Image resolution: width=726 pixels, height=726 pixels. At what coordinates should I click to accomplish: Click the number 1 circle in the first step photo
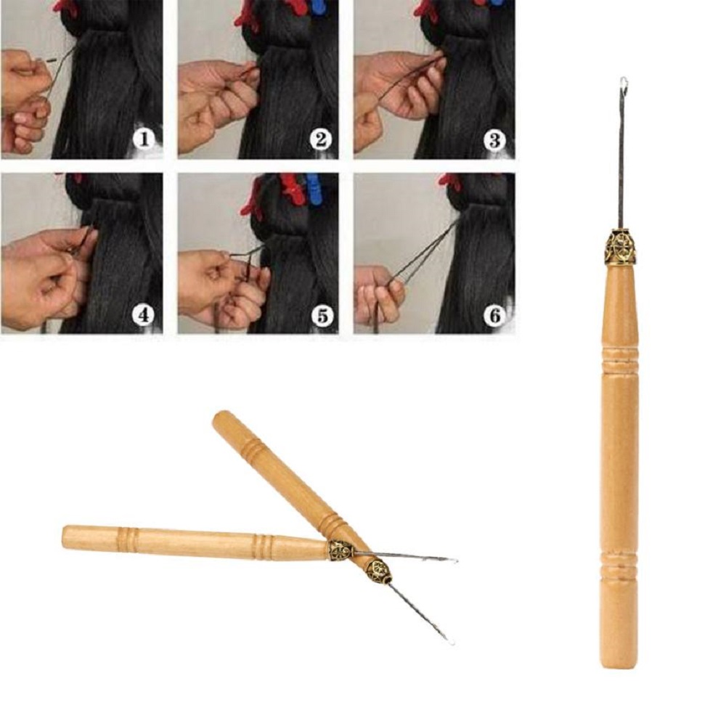coord(144,138)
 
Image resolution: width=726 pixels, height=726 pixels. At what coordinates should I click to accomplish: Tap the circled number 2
coord(320,138)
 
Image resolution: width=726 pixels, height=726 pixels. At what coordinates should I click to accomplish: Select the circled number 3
coord(495,138)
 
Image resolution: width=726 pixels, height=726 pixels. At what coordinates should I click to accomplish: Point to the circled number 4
coord(144,314)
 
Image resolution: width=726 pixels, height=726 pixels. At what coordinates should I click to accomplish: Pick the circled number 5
coord(320,314)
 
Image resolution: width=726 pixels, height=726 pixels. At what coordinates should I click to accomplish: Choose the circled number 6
coord(495,314)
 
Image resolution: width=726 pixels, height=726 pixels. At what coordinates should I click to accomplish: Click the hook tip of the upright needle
coord(623,83)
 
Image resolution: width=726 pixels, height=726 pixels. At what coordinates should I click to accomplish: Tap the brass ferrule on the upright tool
coord(620,248)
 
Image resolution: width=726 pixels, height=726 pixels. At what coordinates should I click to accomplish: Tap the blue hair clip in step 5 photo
coord(313,185)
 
